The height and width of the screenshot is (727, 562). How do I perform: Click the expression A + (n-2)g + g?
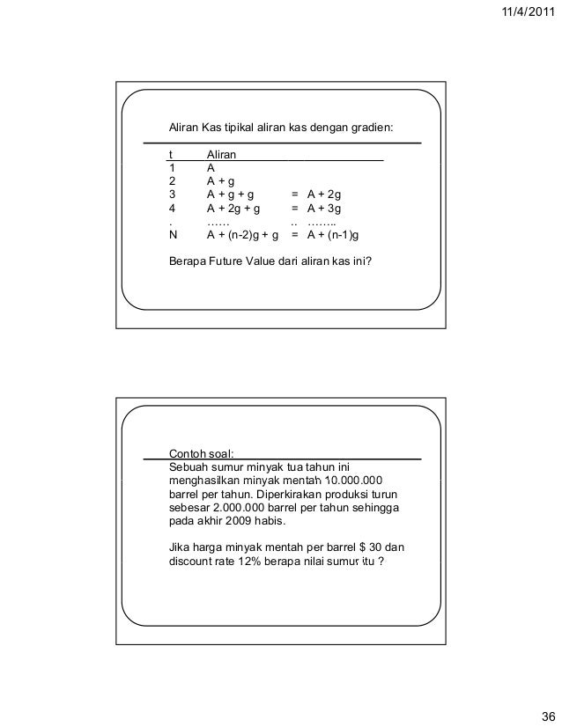(242, 236)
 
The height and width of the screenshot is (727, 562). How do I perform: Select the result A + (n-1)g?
(338, 236)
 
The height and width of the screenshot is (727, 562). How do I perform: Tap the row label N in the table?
(172, 236)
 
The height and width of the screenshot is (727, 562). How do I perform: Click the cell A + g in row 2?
(220, 181)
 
